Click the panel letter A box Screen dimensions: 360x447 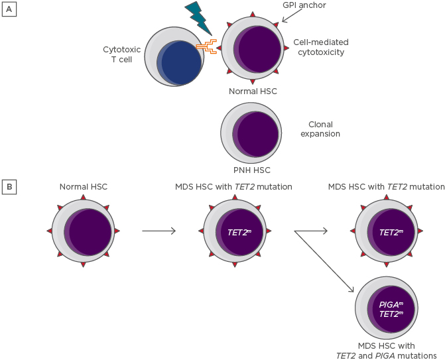click(x=9, y=11)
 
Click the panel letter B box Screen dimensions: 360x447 click(x=9, y=187)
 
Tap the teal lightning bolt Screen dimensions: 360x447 click(x=198, y=18)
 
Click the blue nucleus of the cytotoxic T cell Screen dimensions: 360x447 click(x=181, y=63)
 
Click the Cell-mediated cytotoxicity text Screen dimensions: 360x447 click(x=321, y=47)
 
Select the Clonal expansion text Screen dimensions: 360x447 click(x=320, y=129)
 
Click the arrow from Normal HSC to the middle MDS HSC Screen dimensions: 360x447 click(x=159, y=231)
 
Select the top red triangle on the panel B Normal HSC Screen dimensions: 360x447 click(x=83, y=198)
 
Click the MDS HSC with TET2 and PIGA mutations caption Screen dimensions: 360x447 click(x=397, y=350)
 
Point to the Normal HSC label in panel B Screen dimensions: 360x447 click(x=83, y=187)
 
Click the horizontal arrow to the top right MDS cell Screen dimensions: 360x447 click(x=311, y=231)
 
